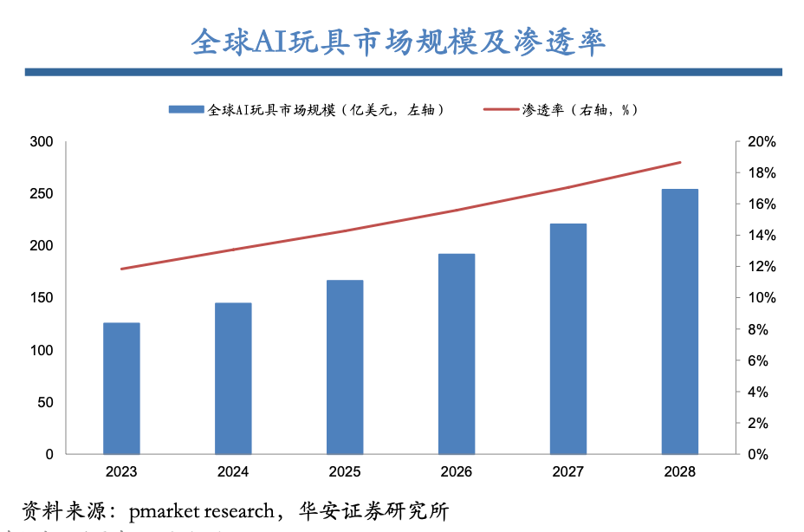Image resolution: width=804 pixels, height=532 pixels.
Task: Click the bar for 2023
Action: pyautogui.click(x=121, y=388)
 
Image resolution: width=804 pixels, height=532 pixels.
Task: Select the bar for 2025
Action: pyautogui.click(x=345, y=367)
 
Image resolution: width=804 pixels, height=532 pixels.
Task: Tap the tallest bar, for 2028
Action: pyautogui.click(x=679, y=321)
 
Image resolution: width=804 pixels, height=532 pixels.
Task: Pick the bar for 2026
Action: pyautogui.click(x=457, y=354)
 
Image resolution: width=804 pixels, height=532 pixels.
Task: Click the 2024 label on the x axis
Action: pyautogui.click(x=233, y=472)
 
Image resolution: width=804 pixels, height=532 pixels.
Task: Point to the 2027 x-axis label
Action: pyautogui.click(x=567, y=472)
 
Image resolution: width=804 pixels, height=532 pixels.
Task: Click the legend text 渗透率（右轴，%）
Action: pyautogui.click(x=580, y=110)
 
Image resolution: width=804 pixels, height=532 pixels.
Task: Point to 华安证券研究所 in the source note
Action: pyautogui.click(x=376, y=510)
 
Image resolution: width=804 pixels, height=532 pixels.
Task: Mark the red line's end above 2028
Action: pyautogui.click(x=680, y=162)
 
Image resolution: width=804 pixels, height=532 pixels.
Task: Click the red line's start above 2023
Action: pyautogui.click(x=121, y=269)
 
